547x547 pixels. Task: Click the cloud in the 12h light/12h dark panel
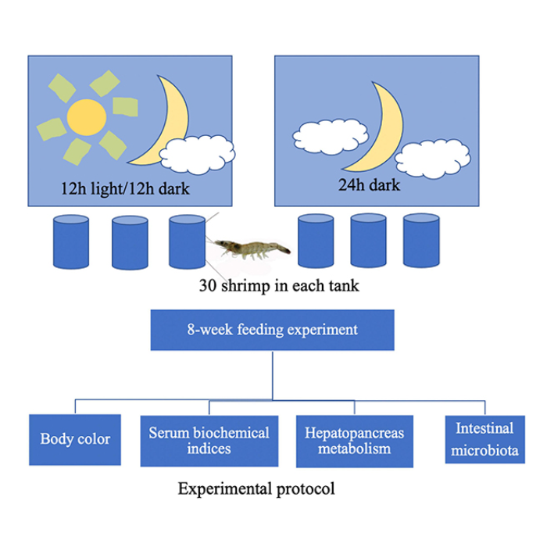click(201, 155)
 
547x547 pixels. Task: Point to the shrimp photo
click(252, 248)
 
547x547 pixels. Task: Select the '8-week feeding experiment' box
click(273, 329)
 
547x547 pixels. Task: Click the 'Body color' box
click(75, 438)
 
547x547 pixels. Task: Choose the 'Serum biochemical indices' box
click(209, 439)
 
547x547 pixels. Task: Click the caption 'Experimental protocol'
click(256, 490)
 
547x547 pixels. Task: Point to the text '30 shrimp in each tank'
click(278, 286)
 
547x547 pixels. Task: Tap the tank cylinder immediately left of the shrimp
click(188, 242)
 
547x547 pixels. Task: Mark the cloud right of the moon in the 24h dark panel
click(433, 159)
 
